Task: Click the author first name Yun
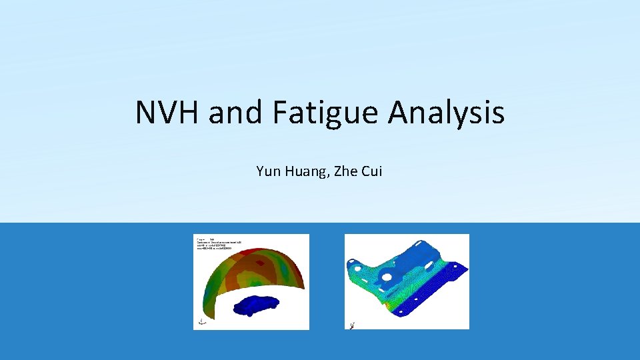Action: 267,171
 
